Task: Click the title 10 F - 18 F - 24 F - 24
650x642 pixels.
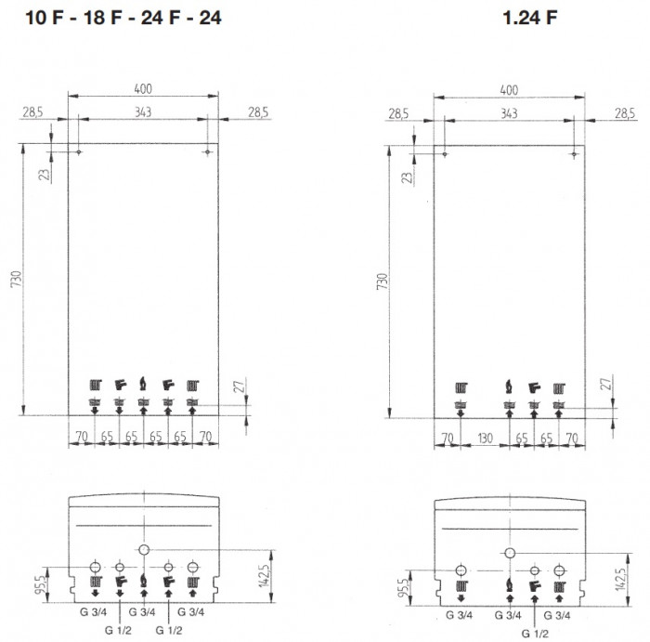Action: pyautogui.click(x=117, y=16)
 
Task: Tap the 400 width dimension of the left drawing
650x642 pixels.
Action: pyautogui.click(x=142, y=89)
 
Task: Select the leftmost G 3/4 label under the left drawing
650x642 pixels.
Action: pyautogui.click(x=94, y=611)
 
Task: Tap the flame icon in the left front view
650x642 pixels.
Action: pyautogui.click(x=143, y=383)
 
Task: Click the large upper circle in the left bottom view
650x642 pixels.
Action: pyautogui.click(x=143, y=550)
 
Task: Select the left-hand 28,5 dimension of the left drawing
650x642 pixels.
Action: pyautogui.click(x=33, y=112)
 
